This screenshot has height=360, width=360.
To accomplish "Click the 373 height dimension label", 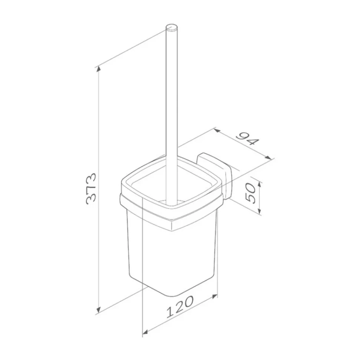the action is click(91, 189).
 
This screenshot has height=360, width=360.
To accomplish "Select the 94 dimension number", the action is click(248, 139).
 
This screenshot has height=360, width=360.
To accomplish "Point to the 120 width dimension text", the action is click(180, 307).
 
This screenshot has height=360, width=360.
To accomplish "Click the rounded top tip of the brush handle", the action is click(171, 27).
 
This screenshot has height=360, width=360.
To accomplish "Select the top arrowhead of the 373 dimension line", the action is click(98, 69).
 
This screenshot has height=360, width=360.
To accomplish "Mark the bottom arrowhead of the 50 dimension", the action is click(259, 211).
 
